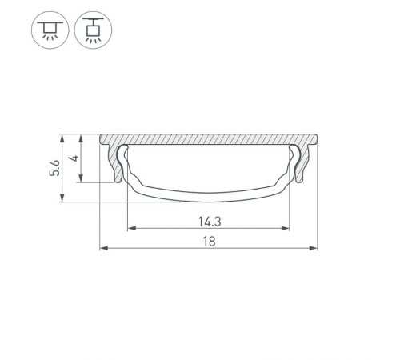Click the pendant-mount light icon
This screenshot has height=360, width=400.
click(x=93, y=31)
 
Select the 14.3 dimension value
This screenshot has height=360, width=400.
click(x=208, y=221)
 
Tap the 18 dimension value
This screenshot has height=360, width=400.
click(x=208, y=240)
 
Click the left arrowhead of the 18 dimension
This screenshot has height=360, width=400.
click(x=102, y=248)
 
